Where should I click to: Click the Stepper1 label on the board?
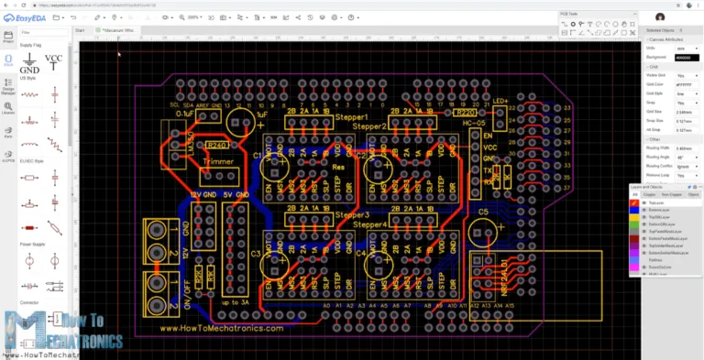pyautogui.click(x=353, y=118)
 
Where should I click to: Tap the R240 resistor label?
pyautogui.click(x=217, y=145)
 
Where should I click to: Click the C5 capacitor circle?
pyautogui.click(x=483, y=232)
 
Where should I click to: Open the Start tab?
pyautogui.click(x=80, y=30)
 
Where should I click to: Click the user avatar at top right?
pyautogui.click(x=660, y=16)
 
